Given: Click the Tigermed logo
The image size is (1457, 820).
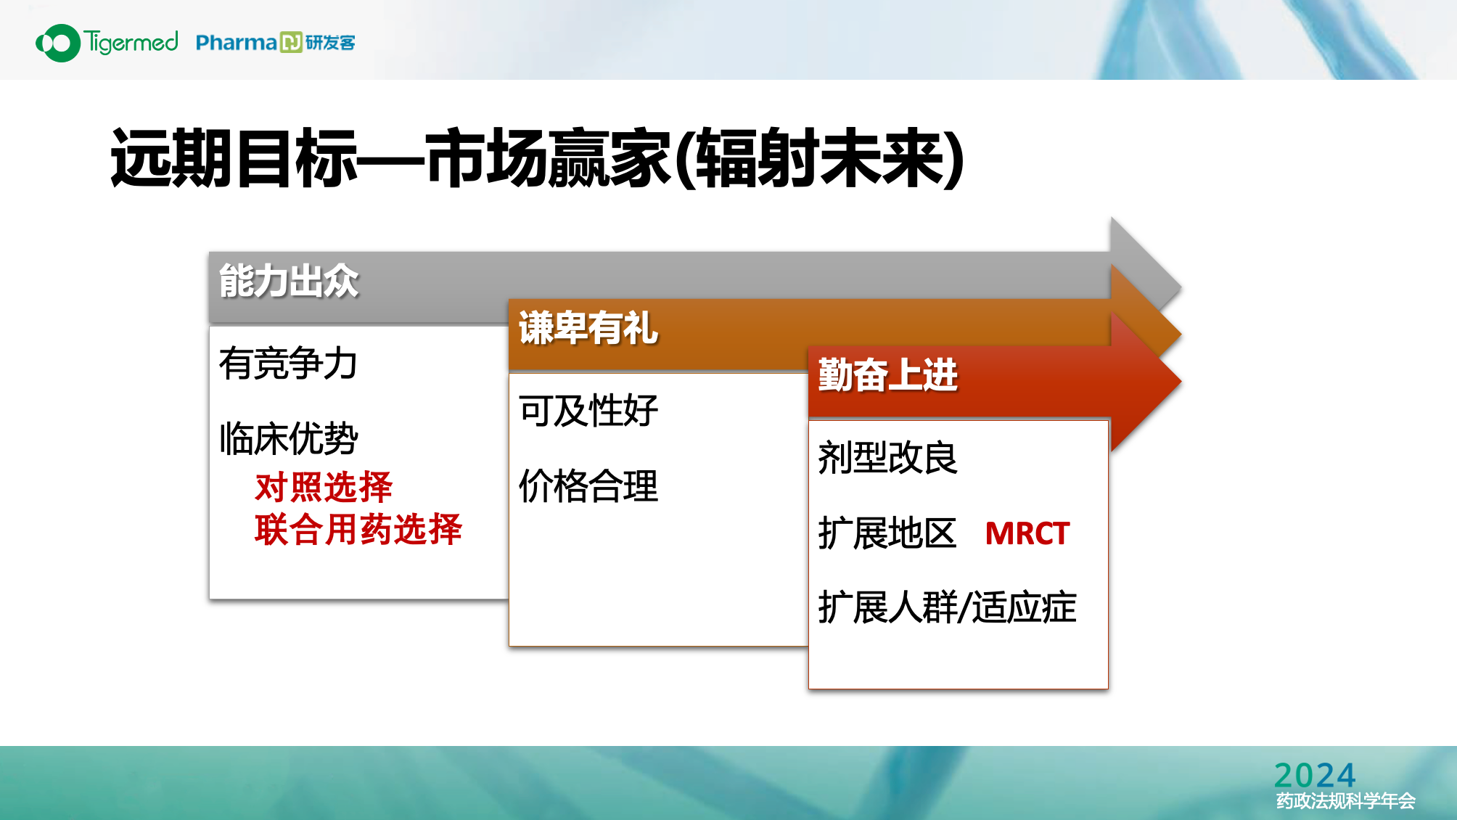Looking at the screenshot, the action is point(107,43).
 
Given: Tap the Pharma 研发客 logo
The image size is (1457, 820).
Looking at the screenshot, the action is point(276,43).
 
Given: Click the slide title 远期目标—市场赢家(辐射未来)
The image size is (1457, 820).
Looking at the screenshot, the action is point(538,157).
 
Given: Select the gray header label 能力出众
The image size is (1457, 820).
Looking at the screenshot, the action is point(289,281).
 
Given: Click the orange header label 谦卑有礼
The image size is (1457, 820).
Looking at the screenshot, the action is point(588,328).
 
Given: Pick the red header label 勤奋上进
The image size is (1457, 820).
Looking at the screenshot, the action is point(888,375).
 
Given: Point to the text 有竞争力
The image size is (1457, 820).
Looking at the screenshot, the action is point(288,363).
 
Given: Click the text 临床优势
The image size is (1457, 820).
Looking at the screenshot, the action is point(288,438).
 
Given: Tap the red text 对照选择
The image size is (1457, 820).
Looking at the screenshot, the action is point(324,487).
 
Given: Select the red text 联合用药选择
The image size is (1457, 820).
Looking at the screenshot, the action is point(358,529).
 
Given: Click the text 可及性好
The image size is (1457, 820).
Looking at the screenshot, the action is point(588,411).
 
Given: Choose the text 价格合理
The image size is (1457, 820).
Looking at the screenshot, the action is point(588,485).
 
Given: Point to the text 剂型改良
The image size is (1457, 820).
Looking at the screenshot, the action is point(888,458).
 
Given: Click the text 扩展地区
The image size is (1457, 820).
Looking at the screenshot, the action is point(887,533).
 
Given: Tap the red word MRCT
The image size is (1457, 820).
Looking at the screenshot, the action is point(1027,533).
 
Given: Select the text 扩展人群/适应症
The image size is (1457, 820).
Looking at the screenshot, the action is point(948,607).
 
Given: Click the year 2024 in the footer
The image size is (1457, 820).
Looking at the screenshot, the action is point(1315,775).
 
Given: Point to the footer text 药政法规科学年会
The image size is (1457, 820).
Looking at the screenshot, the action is point(1346,800).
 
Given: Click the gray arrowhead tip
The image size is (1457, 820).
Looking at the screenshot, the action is point(1181,287).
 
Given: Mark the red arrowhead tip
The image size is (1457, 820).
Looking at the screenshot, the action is point(1181,381).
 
